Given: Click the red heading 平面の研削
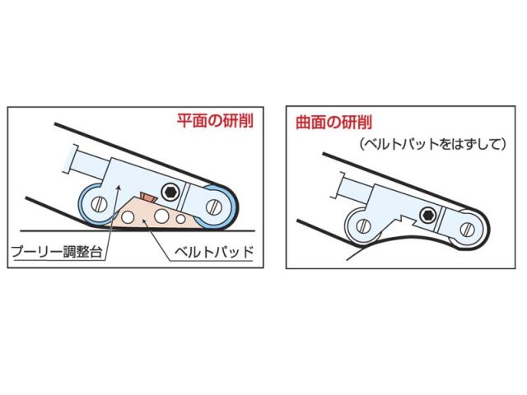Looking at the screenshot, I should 215,120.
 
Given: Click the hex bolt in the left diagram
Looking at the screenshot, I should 171,193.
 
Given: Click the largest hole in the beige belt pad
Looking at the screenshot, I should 162,216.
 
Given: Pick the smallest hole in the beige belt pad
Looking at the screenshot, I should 181,220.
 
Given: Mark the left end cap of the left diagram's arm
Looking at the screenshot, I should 68,158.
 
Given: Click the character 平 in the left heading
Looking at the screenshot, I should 184,120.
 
